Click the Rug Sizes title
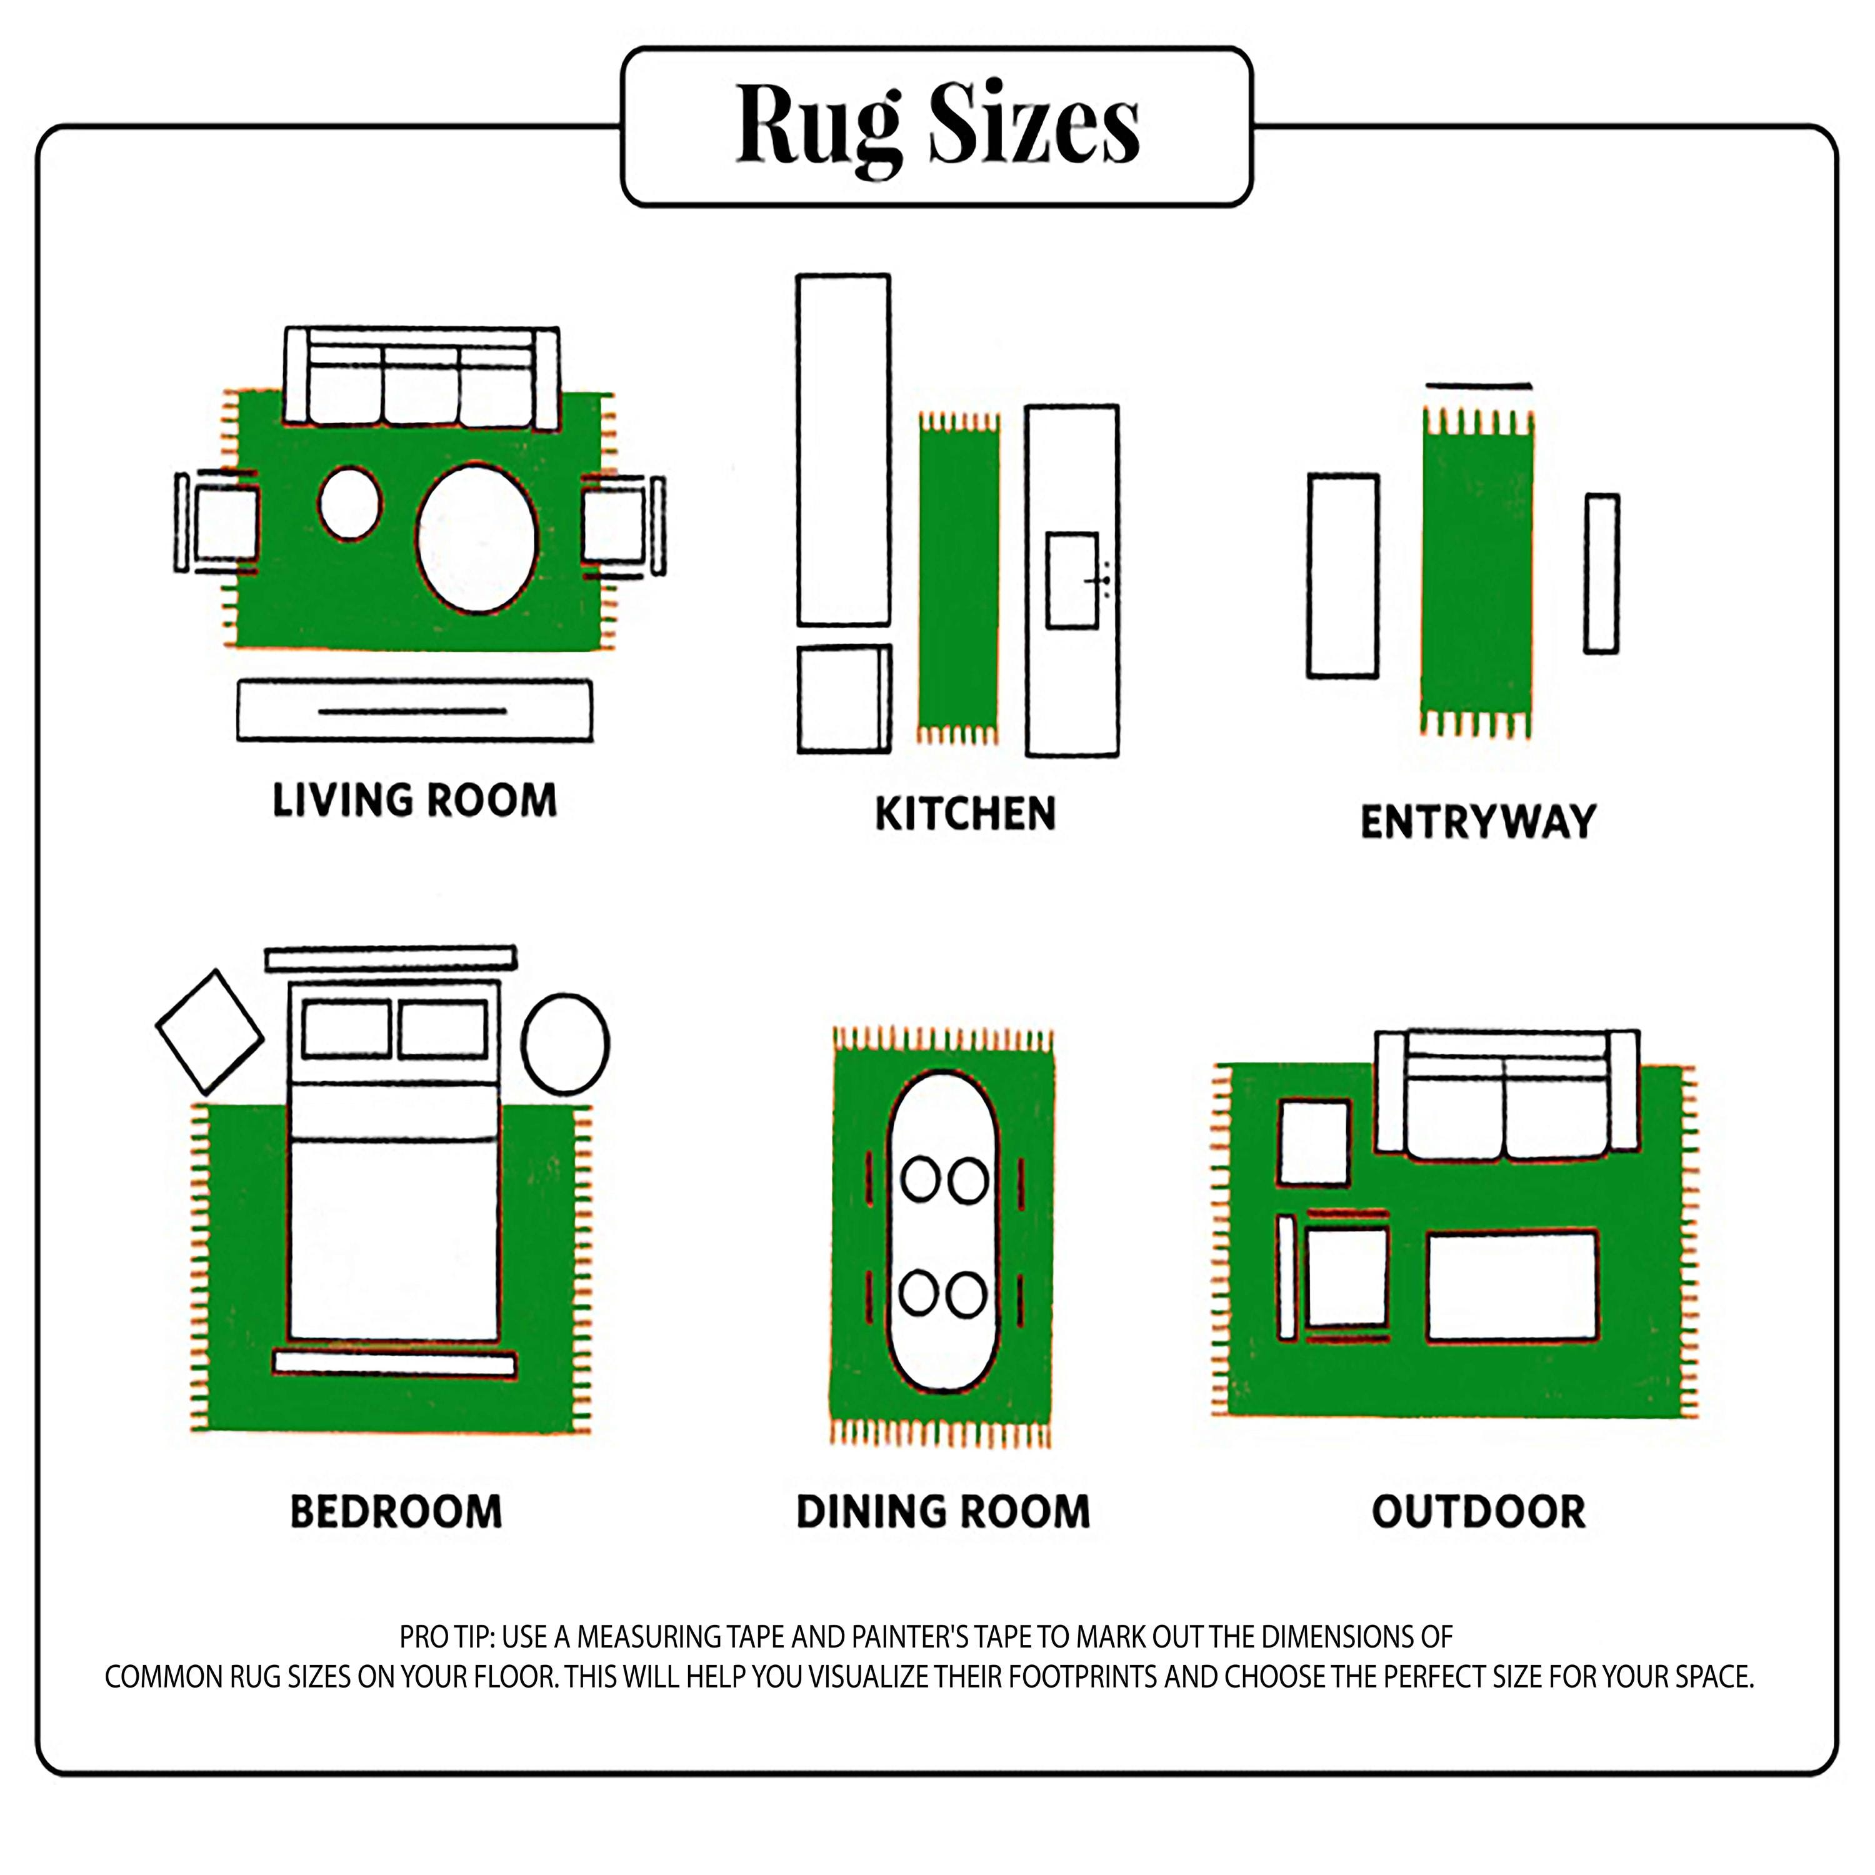click(x=937, y=126)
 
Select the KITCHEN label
click(x=964, y=813)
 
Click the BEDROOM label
click(x=396, y=1512)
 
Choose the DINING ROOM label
click(x=943, y=1512)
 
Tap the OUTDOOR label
click(x=1479, y=1512)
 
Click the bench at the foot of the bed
click(x=394, y=1364)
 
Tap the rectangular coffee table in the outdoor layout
click(x=1512, y=1288)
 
